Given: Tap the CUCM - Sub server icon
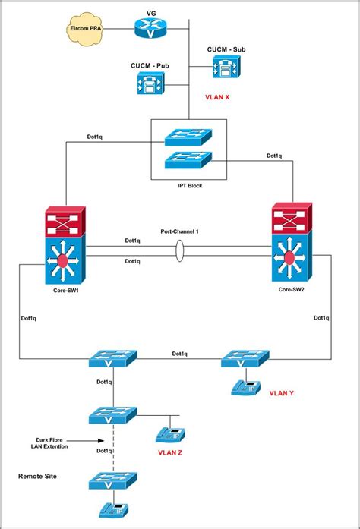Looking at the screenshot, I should pyautogui.click(x=225, y=68).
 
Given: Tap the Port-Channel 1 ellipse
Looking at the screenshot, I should pyautogui.click(x=179, y=252).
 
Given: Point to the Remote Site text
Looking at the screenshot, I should pyautogui.click(x=38, y=476).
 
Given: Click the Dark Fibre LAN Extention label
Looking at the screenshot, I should pyautogui.click(x=52, y=443).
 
